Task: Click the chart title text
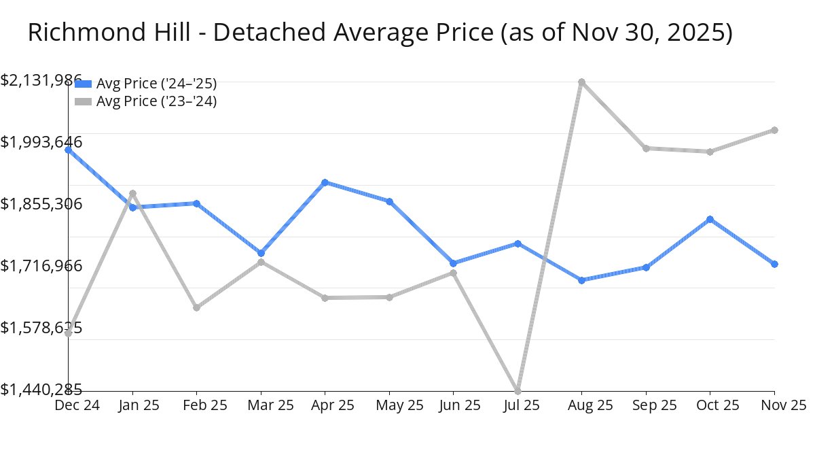pyautogui.click(x=380, y=33)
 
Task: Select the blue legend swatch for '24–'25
pyautogui.click(x=82, y=84)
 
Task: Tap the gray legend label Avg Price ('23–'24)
pyautogui.click(x=156, y=101)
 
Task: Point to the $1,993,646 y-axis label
pyautogui.click(x=41, y=142)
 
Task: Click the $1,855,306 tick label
pyautogui.click(x=41, y=204)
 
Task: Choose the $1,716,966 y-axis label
pyautogui.click(x=41, y=265)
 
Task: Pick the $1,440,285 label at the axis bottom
pyautogui.click(x=41, y=390)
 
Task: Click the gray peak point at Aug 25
pyautogui.click(x=581, y=82)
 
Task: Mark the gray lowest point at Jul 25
pyautogui.click(x=518, y=390)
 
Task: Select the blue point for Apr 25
pyautogui.click(x=325, y=182)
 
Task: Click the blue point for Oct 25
pyautogui.click(x=710, y=219)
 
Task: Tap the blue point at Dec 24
pyautogui.click(x=69, y=150)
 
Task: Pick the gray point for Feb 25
pyautogui.click(x=196, y=307)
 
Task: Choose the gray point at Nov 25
pyautogui.click(x=774, y=130)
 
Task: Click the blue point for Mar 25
pyautogui.click(x=261, y=253)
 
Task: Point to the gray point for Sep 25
pyautogui.click(x=646, y=148)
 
